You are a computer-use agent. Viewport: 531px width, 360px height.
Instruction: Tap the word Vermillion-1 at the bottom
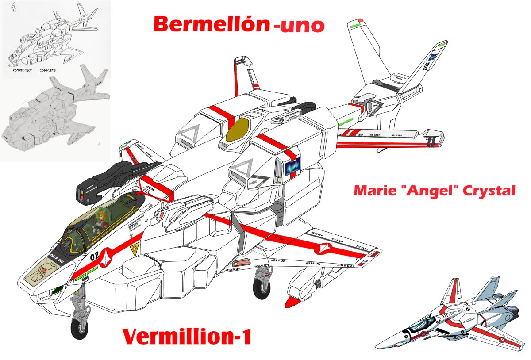(x=187, y=337)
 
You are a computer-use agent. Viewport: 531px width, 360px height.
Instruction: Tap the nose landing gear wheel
(x=80, y=329)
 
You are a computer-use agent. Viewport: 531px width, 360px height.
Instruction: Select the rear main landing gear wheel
(x=262, y=288)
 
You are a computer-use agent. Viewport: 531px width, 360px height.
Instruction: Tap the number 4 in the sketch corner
(x=13, y=8)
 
